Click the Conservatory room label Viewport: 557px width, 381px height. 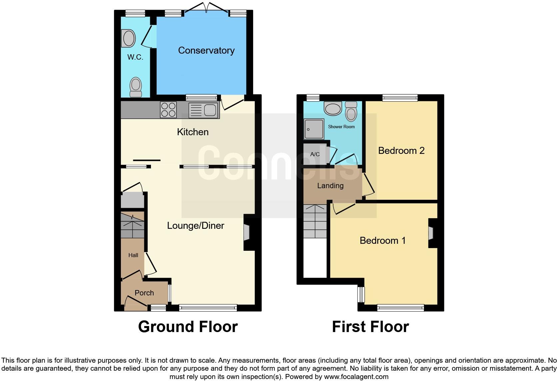[206, 50]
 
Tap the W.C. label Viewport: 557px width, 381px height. [135, 57]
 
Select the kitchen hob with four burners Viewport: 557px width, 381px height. [168, 110]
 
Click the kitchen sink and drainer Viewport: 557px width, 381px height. [203, 110]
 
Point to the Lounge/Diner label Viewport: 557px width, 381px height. [196, 225]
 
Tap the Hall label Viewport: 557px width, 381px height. [133, 255]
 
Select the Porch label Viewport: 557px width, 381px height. [144, 293]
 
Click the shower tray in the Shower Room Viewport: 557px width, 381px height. [313, 129]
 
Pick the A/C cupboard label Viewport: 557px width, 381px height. [315, 154]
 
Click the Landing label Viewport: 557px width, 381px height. [330, 186]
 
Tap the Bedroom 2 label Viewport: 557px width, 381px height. [401, 151]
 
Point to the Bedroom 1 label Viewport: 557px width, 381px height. [383, 240]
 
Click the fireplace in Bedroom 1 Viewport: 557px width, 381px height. [431, 233]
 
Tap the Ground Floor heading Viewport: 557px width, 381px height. [188, 327]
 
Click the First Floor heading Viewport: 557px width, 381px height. [370, 327]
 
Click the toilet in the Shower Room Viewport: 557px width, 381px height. [351, 111]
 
